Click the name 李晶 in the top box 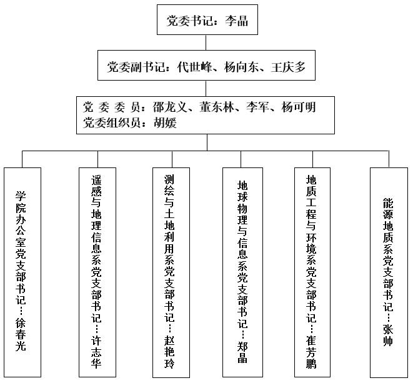[x=236, y=21]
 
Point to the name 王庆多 [x=288, y=67]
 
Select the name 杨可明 [x=299, y=107]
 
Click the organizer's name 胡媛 [x=165, y=122]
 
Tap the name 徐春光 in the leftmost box [x=21, y=334]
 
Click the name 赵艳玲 [x=169, y=352]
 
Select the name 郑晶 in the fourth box [x=242, y=352]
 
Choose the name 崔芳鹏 [x=311, y=352]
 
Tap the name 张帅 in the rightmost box [x=388, y=335]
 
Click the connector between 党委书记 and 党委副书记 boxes [x=206, y=42]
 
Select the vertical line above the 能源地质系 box [x=389, y=159]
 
